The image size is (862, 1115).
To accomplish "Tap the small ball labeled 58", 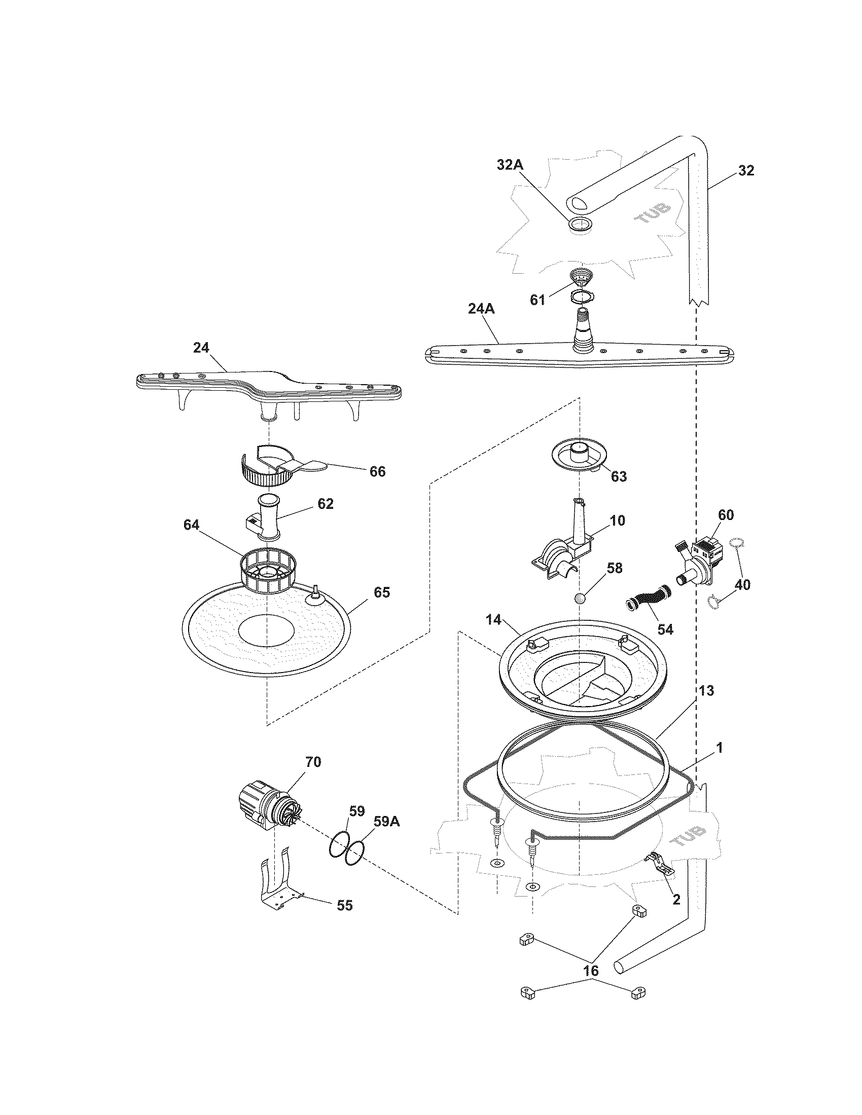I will click(579, 599).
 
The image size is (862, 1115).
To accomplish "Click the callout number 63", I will click(619, 476).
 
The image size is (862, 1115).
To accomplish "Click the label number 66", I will click(377, 471).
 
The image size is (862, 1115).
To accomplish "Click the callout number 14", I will click(493, 620).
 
